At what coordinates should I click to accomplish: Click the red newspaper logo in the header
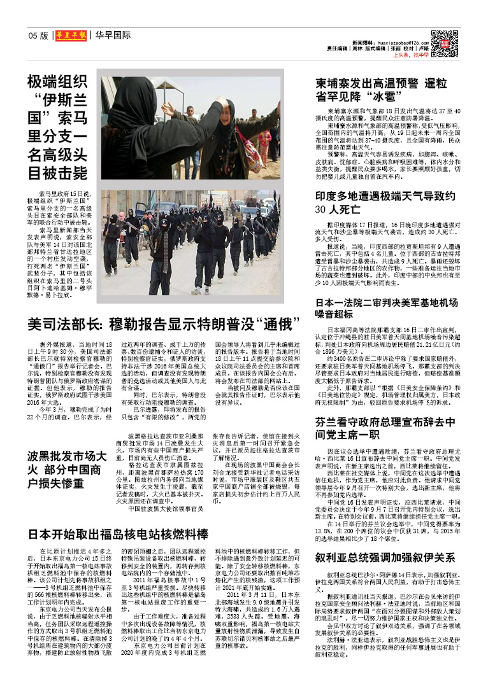click(70, 35)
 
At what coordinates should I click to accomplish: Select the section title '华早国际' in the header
click(113, 36)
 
